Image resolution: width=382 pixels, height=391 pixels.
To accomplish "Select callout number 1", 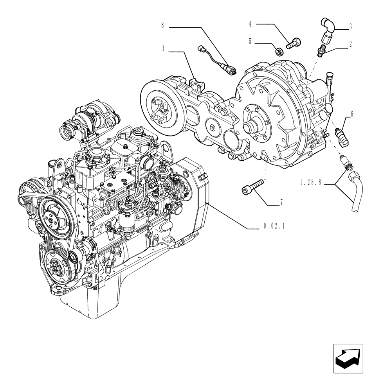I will [162, 49].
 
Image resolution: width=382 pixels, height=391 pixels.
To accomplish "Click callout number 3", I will [350, 27].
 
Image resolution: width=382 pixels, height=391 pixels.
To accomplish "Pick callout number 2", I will [350, 44].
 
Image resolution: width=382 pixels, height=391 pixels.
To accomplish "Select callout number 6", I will [351, 114].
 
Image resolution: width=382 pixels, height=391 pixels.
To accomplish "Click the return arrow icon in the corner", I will [348, 359].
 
